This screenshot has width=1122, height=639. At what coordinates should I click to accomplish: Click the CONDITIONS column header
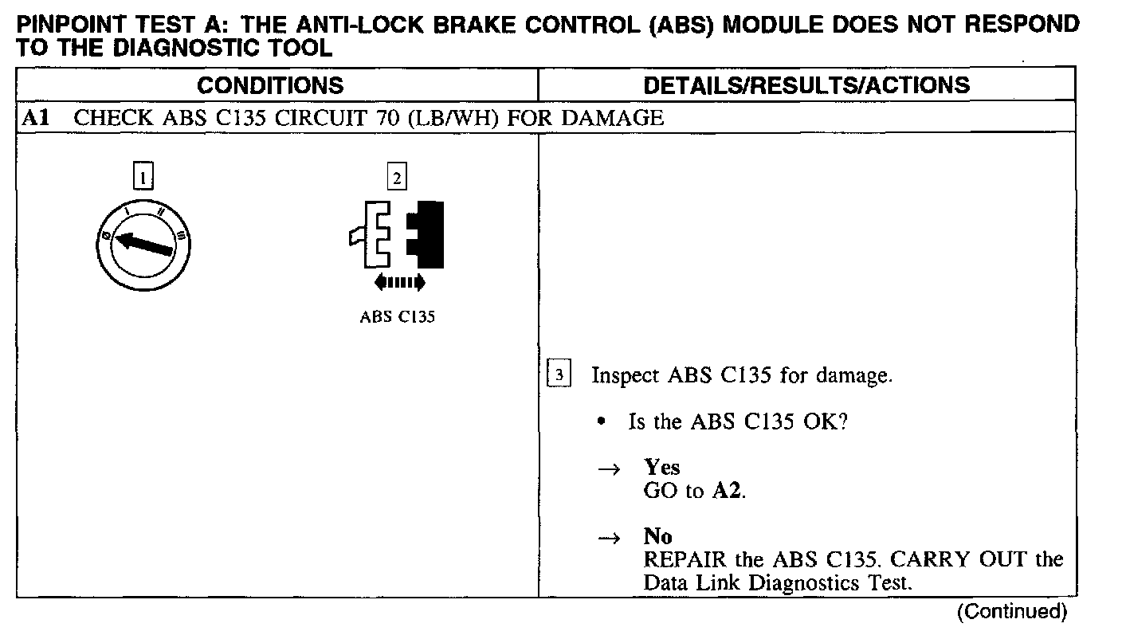point(270,85)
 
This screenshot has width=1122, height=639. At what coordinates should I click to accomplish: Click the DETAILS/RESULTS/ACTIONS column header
point(806,85)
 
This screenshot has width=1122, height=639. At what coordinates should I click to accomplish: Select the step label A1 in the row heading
point(35,119)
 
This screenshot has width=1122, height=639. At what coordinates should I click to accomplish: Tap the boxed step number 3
point(560,375)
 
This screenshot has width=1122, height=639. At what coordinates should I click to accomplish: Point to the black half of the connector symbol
point(426,233)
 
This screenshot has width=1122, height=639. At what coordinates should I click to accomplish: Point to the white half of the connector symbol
point(371,235)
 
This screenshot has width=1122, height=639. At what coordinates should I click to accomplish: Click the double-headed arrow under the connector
point(399,282)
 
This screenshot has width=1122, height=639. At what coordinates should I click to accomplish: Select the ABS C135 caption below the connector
point(397,316)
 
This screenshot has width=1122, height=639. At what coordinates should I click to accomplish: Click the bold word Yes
point(662,468)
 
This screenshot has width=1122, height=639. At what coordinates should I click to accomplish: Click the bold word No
point(657,537)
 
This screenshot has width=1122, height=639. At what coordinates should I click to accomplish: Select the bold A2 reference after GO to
point(728,491)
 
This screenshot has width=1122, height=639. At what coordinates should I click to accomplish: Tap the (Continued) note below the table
point(1011,612)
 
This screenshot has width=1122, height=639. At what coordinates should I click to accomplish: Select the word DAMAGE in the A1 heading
point(612,119)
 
